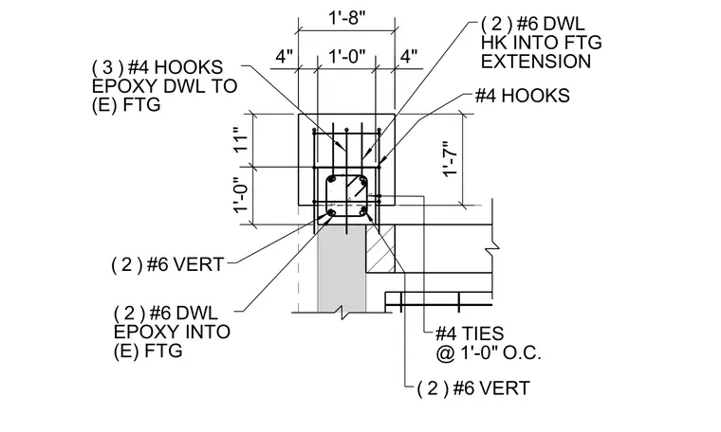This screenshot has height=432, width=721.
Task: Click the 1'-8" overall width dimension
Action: pyautogui.click(x=347, y=18)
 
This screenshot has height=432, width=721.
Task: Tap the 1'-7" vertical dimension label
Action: pyautogui.click(x=450, y=157)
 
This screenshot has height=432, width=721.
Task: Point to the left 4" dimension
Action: pyautogui.click(x=285, y=57)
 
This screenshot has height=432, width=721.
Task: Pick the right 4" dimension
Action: pyautogui.click(x=408, y=57)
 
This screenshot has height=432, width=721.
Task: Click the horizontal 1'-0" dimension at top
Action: pyautogui.click(x=347, y=57)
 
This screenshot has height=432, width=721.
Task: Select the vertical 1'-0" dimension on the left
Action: pyautogui.click(x=241, y=195)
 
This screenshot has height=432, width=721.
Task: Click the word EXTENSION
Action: pyautogui.click(x=536, y=62)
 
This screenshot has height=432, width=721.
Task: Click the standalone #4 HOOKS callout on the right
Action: pyautogui.click(x=523, y=96)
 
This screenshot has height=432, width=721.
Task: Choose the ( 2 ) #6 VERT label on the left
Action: pyautogui.click(x=168, y=265)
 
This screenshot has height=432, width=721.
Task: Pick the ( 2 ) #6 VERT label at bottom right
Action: pyautogui.click(x=473, y=388)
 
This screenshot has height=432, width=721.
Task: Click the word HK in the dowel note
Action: pyautogui.click(x=492, y=43)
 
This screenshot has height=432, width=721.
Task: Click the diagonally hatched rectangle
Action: pyautogui.click(x=380, y=248)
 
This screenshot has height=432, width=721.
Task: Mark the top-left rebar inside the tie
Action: pyautogui.click(x=331, y=179)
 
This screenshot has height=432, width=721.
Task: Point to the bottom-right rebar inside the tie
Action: pyautogui.click(x=363, y=211)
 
